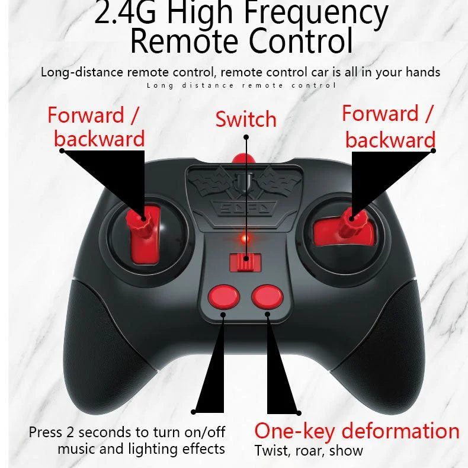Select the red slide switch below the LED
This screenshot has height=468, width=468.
pyautogui.click(x=245, y=261)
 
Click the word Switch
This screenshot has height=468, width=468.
pyautogui.click(x=246, y=119)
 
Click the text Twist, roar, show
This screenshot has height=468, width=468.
pyautogui.click(x=309, y=450)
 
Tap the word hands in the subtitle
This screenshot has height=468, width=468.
pyautogui.click(x=422, y=72)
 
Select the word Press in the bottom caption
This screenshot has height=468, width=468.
pyautogui.click(x=45, y=432)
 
